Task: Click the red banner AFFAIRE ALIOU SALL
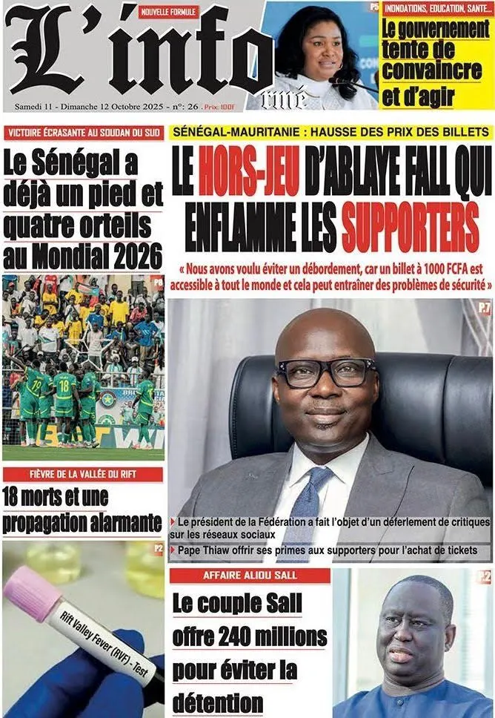click(250, 576)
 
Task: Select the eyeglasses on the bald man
click(325, 372)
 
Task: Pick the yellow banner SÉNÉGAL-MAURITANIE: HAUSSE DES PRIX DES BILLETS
click(330, 131)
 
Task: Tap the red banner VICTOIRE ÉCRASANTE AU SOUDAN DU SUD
click(82, 134)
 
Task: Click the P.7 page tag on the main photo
click(484, 307)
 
